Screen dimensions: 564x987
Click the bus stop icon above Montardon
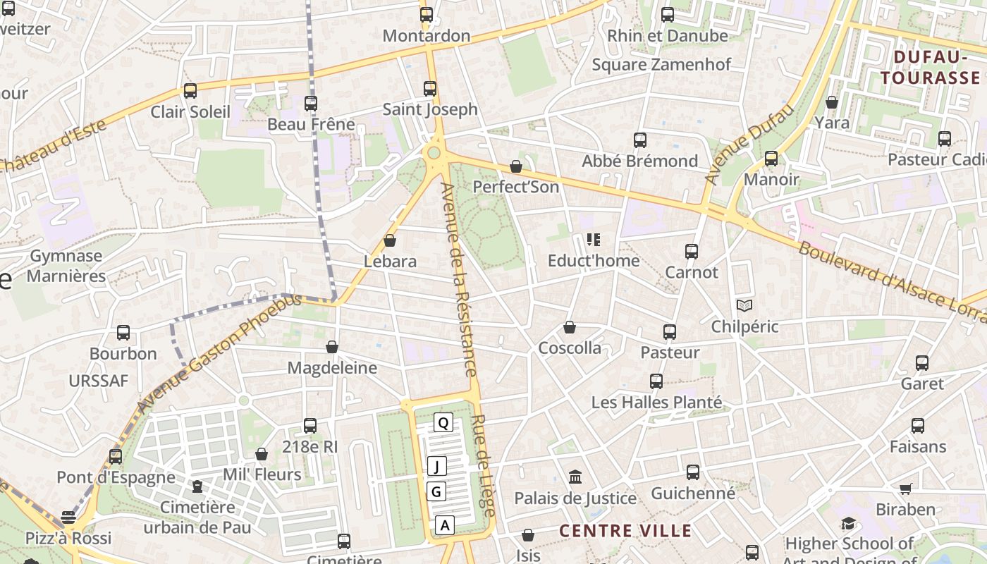click(427, 14)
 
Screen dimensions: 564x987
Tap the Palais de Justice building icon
click(575, 477)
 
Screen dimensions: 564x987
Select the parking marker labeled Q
click(443, 422)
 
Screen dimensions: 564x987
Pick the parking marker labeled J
click(437, 466)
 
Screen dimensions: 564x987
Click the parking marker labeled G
click(437, 491)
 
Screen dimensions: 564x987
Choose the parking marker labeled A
click(444, 525)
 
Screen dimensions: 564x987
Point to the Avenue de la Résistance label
click(459, 279)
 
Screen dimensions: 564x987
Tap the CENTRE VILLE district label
click(625, 531)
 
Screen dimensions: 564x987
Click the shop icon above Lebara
click(390, 240)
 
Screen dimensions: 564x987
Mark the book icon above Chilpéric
click(744, 305)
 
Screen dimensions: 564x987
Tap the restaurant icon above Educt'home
click(594, 240)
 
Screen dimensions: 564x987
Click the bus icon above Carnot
click(692, 251)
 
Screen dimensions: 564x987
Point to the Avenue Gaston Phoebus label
click(219, 353)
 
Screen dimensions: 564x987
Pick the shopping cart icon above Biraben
click(906, 489)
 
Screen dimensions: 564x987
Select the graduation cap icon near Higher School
click(849, 523)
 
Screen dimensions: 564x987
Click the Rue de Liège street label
click(483, 465)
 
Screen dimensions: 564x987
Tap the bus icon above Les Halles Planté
click(656, 381)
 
